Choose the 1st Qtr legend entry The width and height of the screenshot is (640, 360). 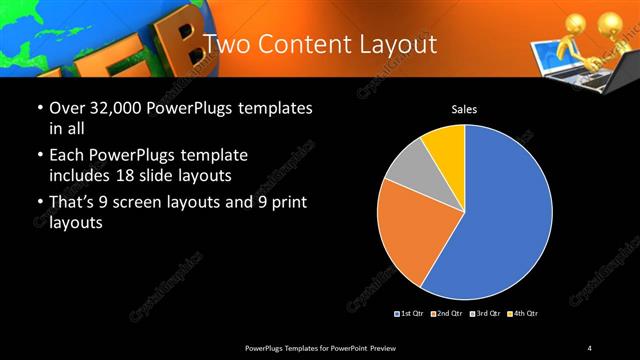coord(412,313)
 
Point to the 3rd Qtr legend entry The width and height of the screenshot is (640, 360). coord(487,313)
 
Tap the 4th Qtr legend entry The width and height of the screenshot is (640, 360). coord(523,313)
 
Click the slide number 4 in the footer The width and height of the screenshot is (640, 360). coord(590,347)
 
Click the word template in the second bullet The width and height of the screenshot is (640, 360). coord(213,155)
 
